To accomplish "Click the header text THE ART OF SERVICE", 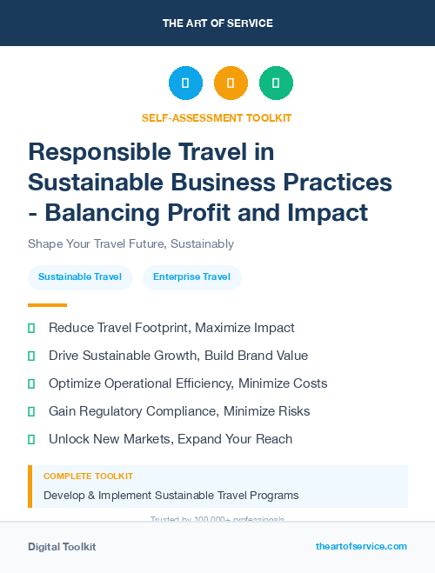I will [x=217, y=23].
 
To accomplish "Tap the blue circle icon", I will [x=185, y=83].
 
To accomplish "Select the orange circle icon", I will [x=231, y=83].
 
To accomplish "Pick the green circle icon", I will [x=276, y=83].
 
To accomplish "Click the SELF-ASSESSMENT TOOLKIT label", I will [x=217, y=117].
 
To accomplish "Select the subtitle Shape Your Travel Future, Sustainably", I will [x=130, y=244].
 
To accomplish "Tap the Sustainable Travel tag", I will [x=80, y=277].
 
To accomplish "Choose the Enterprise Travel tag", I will [x=191, y=277].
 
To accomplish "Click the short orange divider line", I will [x=47, y=305].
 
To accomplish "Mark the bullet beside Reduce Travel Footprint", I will [x=31, y=329].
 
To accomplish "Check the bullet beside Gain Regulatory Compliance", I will [x=31, y=411].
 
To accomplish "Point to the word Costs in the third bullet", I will [x=308, y=383].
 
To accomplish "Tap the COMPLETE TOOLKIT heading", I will [x=89, y=476].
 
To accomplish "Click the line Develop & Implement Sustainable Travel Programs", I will [x=171, y=496].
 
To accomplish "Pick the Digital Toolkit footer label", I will [x=62, y=547].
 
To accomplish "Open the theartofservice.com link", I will [x=361, y=546].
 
